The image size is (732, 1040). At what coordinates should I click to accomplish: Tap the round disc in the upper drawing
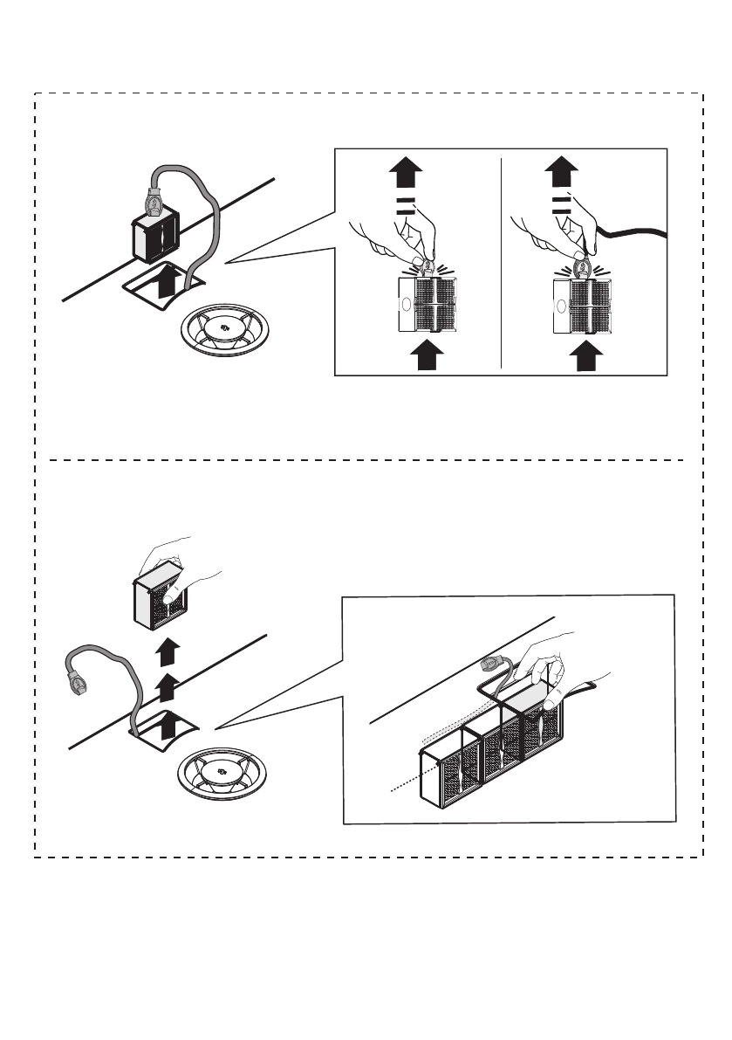point(224,329)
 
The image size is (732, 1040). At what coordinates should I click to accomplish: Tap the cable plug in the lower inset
point(493,666)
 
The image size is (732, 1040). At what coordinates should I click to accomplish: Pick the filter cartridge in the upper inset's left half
point(427,306)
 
